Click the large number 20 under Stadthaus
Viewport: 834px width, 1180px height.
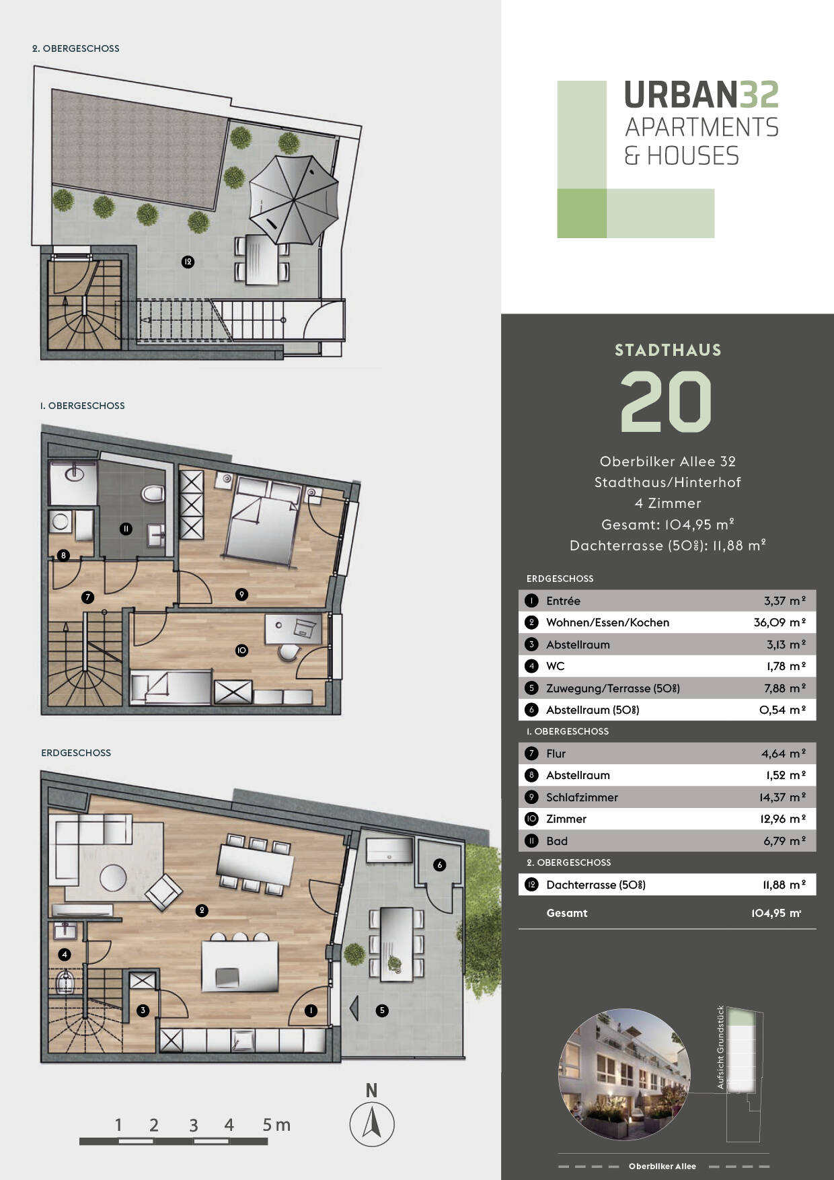click(x=666, y=402)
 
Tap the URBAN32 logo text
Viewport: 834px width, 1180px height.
click(x=701, y=95)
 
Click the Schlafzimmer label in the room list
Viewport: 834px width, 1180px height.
click(x=582, y=797)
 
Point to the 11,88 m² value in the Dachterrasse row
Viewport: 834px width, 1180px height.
click(x=784, y=885)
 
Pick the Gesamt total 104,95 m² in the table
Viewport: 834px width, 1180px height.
click(x=776, y=913)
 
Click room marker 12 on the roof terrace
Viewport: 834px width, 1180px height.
click(x=188, y=262)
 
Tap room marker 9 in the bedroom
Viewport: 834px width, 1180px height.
click(x=241, y=594)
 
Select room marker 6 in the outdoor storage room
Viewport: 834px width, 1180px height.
click(x=439, y=864)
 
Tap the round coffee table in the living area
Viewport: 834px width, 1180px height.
click(x=113, y=877)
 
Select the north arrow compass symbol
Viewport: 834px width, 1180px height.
click(x=372, y=1124)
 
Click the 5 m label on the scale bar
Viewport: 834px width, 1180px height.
click(x=276, y=1125)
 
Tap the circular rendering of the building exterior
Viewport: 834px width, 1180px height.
click(x=625, y=1074)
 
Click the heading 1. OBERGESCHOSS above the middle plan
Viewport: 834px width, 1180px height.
click(x=82, y=406)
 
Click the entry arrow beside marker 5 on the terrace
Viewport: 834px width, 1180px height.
click(x=354, y=1009)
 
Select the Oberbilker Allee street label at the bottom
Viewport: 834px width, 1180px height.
click(x=662, y=1166)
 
